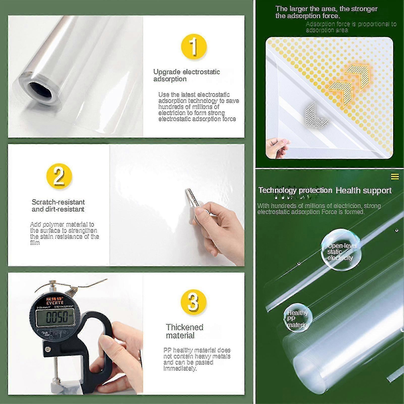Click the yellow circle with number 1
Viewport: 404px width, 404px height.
coord(194,47)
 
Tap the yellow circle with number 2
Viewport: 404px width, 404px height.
coord(59,176)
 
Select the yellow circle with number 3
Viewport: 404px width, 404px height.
coord(194,302)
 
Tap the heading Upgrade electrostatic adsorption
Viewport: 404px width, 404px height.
coord(186,75)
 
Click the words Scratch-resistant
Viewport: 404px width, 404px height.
coord(58,202)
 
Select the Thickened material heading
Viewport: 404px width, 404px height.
coord(184,331)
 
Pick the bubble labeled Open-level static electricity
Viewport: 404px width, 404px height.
coord(341,250)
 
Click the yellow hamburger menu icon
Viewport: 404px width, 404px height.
coord(395,177)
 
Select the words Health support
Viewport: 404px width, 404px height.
coord(363,190)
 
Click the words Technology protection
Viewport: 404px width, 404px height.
coord(295,190)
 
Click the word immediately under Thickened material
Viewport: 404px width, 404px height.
coord(180,368)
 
